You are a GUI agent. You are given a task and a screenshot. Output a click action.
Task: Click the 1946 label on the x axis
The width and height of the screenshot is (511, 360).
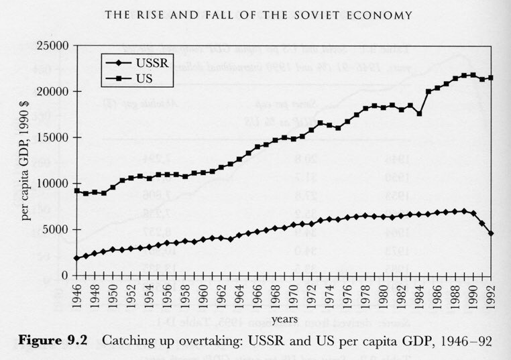76,293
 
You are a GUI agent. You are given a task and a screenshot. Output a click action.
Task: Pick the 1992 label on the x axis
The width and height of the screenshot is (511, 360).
491,293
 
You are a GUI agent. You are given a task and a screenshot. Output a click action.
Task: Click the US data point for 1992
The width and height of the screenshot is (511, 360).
491,78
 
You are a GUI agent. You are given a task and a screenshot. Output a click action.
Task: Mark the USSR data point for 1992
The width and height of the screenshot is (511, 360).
491,233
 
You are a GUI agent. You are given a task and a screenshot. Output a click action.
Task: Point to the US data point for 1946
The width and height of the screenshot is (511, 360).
76,191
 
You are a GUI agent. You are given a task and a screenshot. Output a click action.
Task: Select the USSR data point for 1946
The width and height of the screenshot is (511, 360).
76,258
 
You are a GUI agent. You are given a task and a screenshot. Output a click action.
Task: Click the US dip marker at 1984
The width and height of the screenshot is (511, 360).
419,113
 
